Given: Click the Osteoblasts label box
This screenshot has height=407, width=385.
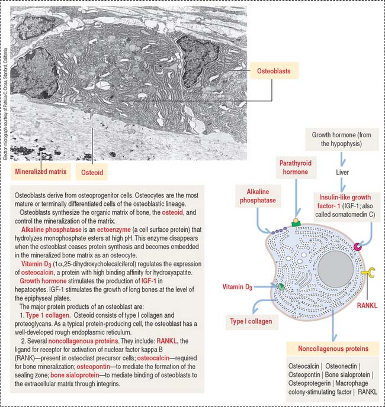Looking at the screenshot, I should (x=272, y=72).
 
